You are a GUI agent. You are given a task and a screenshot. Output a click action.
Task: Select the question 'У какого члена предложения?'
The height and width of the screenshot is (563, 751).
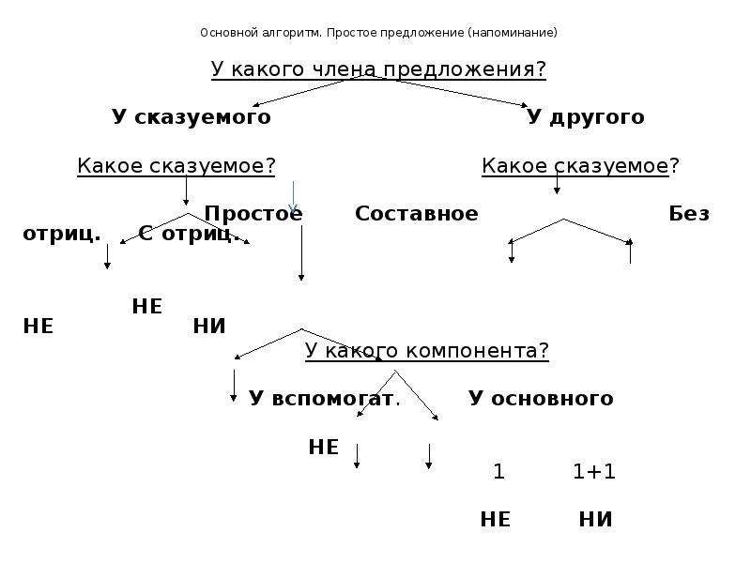point(378,69)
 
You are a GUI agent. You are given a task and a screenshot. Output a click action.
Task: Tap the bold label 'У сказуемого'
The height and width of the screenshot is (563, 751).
point(192,116)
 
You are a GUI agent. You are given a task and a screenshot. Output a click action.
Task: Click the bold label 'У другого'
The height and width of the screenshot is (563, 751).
point(585,116)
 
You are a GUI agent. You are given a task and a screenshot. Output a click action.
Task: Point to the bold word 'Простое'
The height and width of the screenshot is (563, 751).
point(253,214)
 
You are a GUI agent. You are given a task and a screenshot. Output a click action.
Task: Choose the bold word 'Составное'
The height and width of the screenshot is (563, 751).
point(416,214)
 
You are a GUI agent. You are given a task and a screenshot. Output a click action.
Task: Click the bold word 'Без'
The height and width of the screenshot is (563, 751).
point(689,214)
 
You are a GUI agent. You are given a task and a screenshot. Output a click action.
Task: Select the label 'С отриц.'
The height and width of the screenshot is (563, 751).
point(189,234)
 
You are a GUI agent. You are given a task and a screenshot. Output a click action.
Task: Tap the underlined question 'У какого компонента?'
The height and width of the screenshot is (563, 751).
point(427,350)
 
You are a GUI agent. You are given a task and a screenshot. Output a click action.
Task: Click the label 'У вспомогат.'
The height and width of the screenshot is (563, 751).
point(324,398)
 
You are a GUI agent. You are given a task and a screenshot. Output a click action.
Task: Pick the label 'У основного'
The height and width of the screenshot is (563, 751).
point(541,398)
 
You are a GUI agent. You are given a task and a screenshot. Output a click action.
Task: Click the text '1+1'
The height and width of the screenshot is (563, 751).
point(594,472)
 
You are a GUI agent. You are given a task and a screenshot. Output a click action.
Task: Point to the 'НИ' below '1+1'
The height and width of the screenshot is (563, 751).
point(595,520)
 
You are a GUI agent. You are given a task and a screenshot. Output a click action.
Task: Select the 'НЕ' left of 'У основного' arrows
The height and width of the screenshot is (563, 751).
point(323,448)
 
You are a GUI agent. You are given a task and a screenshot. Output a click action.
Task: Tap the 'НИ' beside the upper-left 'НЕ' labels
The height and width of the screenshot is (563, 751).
point(208,327)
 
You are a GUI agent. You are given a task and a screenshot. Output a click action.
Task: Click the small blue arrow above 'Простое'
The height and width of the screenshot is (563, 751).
point(293,197)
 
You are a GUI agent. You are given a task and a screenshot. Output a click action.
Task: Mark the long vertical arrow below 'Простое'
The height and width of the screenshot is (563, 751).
point(301,252)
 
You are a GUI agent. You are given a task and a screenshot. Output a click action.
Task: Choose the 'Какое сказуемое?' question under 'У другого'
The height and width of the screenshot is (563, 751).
point(580,166)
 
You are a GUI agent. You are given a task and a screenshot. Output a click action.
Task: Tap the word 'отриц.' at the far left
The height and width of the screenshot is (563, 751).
point(62,234)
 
